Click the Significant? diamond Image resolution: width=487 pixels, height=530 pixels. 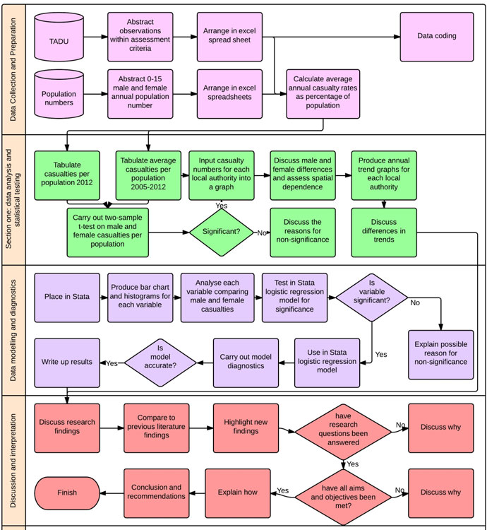pos(221,232)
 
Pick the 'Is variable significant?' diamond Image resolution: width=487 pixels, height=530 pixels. pos(372,297)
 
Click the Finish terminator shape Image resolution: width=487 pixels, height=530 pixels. pos(68,493)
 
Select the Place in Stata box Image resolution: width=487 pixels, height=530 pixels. pos(67,297)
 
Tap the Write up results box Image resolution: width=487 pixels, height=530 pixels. pos(67,363)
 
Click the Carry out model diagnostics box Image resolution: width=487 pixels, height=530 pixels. pos(246,363)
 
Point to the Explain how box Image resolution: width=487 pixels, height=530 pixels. pos(237,493)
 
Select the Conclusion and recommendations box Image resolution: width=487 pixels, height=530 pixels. pos(157,493)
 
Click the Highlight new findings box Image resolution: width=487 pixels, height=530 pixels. pos(246,428)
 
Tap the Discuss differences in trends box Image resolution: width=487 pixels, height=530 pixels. pos(384,232)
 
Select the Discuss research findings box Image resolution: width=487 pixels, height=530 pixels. pos(67,428)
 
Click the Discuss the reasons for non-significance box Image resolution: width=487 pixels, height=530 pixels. pos(302,232)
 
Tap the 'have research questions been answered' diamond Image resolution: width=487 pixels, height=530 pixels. pos(344,428)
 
